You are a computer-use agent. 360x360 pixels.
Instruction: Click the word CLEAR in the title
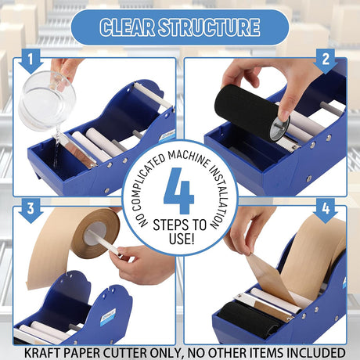(128, 27)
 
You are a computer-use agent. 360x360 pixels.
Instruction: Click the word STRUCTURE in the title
(209, 27)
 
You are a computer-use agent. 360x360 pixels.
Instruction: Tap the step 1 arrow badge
(31, 61)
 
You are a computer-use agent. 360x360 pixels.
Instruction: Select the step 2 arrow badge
(326, 61)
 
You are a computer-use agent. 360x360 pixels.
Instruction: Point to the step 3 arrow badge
(31, 211)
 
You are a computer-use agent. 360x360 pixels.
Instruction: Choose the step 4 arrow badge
(326, 211)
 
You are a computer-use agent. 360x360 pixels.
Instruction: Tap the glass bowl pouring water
(47, 102)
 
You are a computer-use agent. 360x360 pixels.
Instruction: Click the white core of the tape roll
(95, 233)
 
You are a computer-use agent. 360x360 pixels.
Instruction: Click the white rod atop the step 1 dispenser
(153, 95)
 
